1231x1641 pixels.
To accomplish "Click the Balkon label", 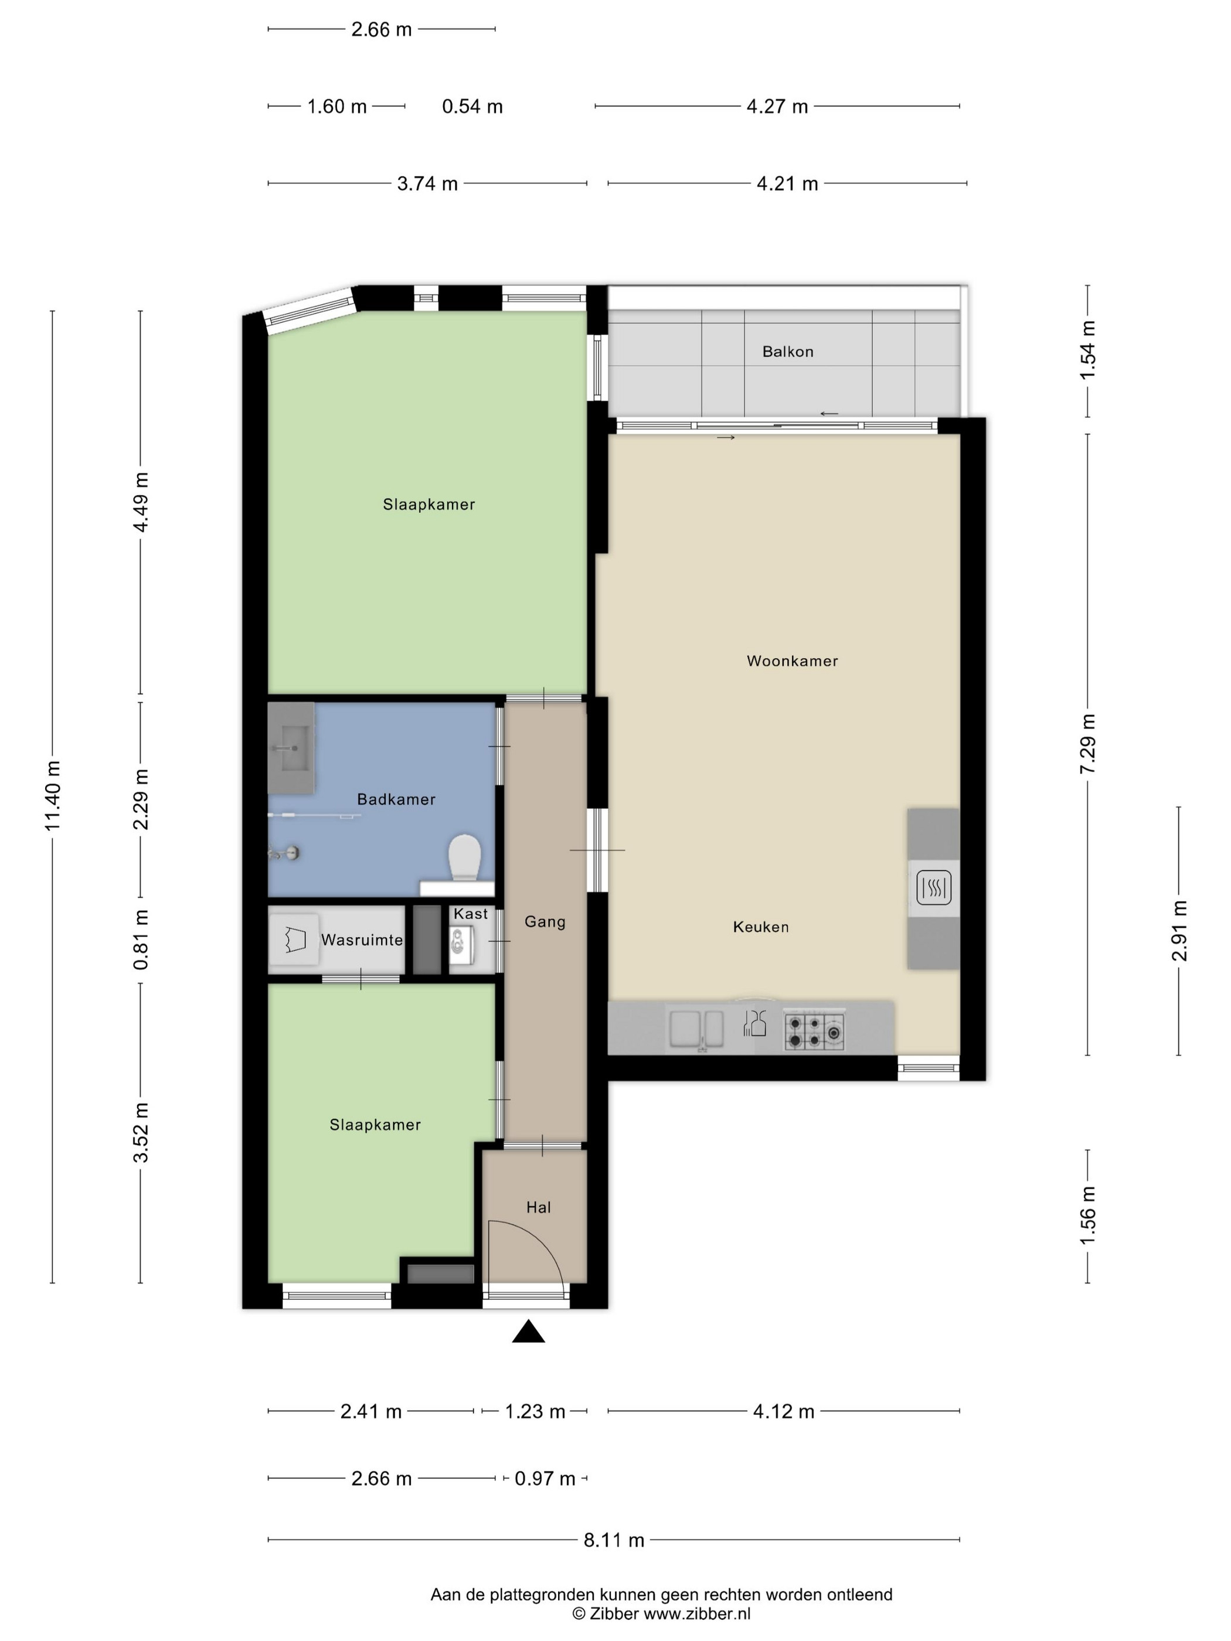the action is [787, 352].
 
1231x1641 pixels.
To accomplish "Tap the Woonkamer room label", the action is [792, 661].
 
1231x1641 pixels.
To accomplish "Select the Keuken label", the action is [760, 927].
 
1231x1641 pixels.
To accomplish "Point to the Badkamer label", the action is [396, 799].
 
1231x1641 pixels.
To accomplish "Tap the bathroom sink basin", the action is [291, 748].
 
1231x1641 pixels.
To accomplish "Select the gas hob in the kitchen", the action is [814, 1031].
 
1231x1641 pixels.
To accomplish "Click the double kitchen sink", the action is [696, 1030].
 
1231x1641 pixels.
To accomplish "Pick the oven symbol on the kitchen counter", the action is [933, 887].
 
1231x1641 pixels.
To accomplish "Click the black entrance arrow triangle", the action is [528, 1332].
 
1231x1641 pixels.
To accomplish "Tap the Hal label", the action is [538, 1207].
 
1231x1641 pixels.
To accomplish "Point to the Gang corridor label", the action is [545, 921].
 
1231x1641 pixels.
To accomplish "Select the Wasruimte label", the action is [362, 940].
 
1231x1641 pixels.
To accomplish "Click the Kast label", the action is [471, 914].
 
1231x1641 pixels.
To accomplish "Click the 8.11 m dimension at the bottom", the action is [614, 1540].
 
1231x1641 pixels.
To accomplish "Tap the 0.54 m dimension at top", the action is [472, 107].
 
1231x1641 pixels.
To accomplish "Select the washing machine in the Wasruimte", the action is [294, 940].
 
